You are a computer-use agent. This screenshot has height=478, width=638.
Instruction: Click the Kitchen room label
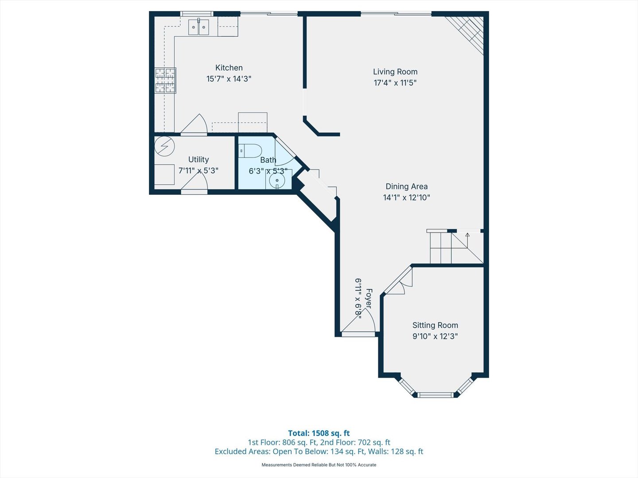[229, 68]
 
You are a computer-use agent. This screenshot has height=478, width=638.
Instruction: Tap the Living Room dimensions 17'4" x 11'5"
[395, 83]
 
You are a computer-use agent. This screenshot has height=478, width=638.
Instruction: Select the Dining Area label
[406, 186]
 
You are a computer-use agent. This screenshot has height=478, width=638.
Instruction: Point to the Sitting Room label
[435, 325]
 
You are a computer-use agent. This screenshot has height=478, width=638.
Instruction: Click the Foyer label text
[368, 299]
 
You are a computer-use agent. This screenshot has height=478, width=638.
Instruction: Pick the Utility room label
[198, 159]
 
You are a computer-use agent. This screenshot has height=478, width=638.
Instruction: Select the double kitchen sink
[198, 27]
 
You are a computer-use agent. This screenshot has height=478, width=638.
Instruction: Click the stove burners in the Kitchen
[165, 81]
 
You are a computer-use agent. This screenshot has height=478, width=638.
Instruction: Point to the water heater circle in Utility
[164, 146]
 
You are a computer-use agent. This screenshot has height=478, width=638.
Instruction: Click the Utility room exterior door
[194, 191]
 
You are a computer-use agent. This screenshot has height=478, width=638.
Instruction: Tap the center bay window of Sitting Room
[435, 394]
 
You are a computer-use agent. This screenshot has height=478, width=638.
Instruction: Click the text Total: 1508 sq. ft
[319, 433]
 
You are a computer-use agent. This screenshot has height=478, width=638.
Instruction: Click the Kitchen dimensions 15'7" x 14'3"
[229, 79]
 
